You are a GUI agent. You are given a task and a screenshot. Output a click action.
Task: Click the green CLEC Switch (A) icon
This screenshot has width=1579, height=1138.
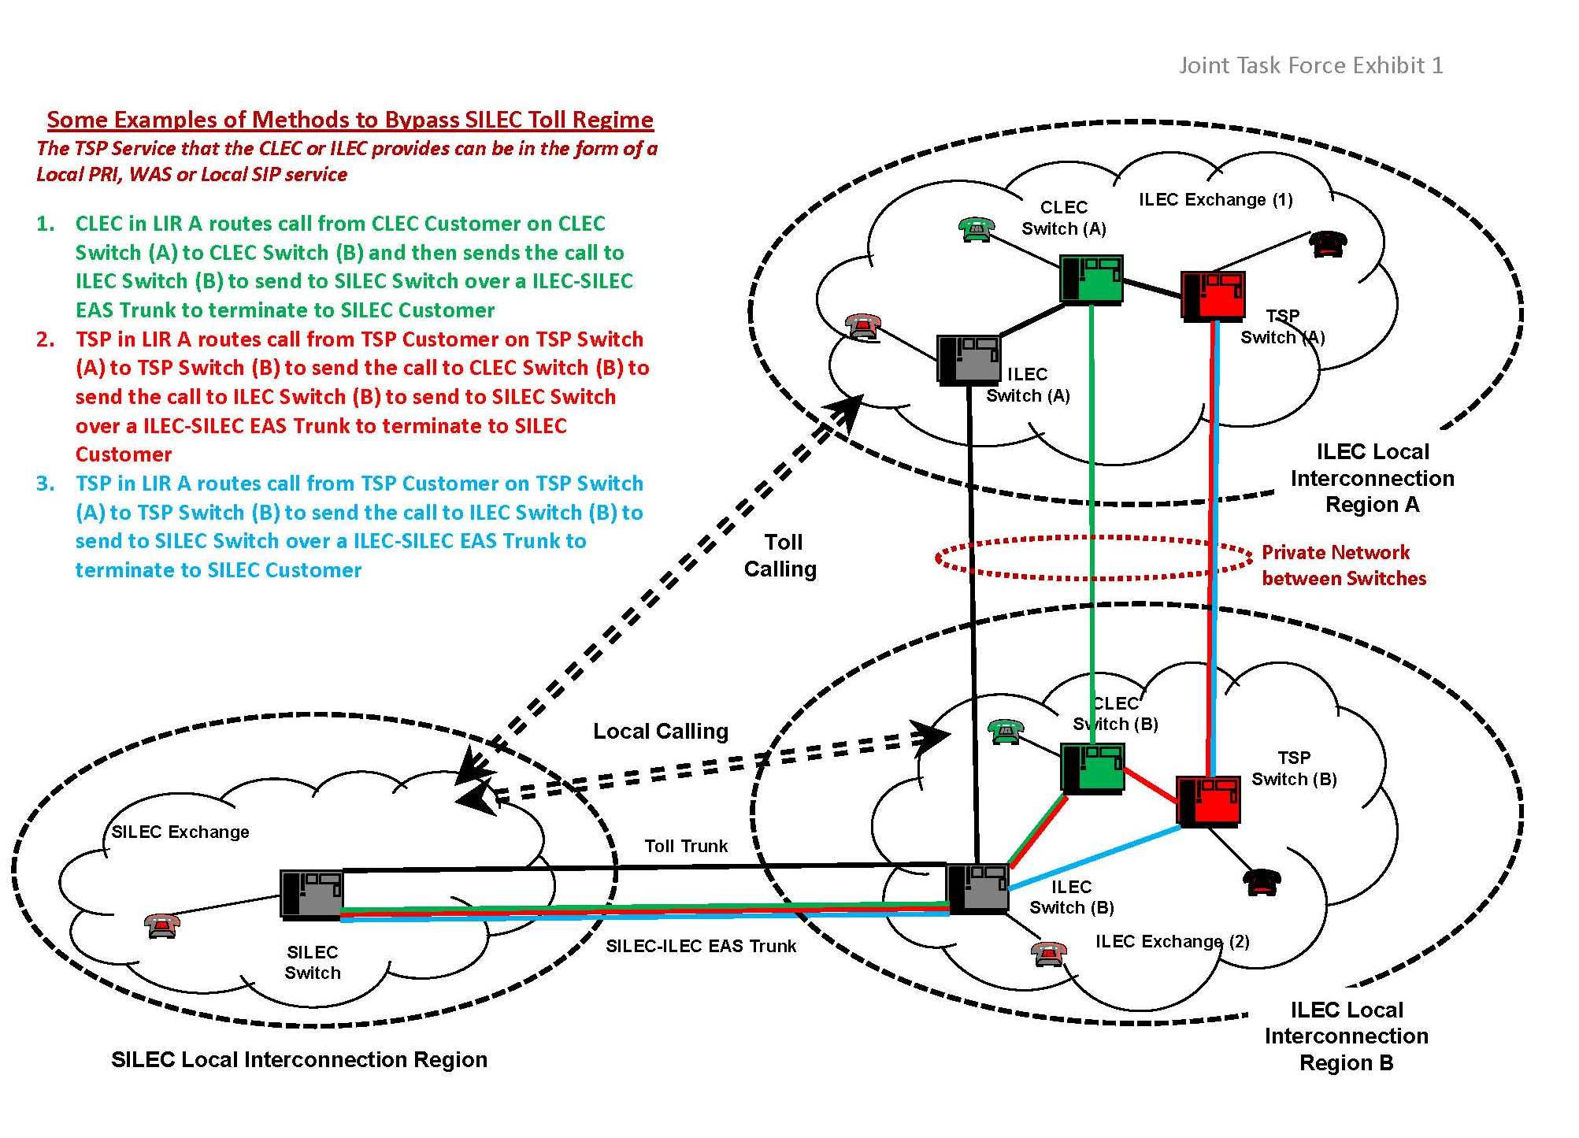click(x=1091, y=279)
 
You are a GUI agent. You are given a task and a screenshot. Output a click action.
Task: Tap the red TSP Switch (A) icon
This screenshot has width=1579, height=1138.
click(x=1213, y=295)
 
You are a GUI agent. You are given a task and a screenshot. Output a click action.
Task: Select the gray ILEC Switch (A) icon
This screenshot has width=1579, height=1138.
click(x=968, y=359)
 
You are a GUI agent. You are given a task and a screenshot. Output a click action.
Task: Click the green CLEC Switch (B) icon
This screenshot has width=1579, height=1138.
click(x=1092, y=768)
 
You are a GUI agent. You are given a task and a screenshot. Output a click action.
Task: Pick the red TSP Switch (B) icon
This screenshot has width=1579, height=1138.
click(x=1208, y=801)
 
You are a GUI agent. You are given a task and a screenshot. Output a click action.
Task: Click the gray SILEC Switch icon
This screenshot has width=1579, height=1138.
click(x=312, y=895)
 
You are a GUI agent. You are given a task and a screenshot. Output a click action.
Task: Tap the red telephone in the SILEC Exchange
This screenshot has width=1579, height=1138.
click(x=162, y=925)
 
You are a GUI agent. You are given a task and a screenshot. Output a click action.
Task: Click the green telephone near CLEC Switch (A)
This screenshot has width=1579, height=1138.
click(x=977, y=228)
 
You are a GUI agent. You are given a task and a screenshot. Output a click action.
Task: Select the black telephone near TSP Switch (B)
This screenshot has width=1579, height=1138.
click(x=1262, y=882)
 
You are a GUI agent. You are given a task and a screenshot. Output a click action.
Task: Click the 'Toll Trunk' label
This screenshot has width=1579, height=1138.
click(x=686, y=846)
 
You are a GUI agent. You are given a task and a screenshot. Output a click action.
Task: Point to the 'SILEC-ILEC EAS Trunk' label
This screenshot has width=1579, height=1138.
click(x=701, y=946)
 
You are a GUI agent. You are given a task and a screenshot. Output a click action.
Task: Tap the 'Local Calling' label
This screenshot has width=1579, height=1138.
click(x=660, y=731)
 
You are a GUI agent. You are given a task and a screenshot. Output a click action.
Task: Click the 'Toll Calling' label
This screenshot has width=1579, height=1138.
click(x=781, y=555)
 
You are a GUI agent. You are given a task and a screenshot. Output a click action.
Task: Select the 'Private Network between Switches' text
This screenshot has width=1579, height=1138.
click(x=1344, y=565)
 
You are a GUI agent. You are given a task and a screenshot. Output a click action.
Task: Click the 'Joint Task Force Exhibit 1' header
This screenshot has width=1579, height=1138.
click(x=1310, y=65)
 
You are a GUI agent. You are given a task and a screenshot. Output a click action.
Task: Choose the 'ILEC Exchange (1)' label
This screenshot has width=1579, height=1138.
click(x=1216, y=200)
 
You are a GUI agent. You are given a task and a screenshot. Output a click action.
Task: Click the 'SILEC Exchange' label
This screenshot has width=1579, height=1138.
click(x=180, y=832)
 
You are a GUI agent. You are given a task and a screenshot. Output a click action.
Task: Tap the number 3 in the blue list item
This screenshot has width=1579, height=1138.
click(x=46, y=484)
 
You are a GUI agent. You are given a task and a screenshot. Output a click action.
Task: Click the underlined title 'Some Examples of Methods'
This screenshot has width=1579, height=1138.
click(x=350, y=120)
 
